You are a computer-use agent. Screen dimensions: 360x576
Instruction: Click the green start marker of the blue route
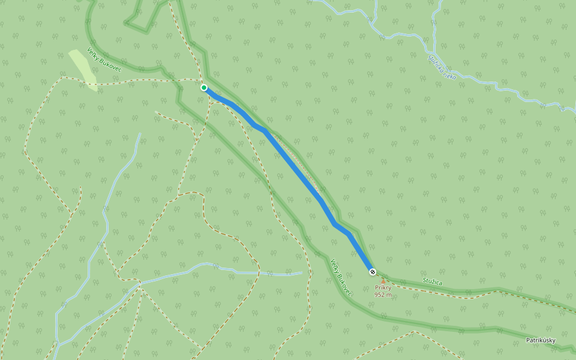(x=204, y=88)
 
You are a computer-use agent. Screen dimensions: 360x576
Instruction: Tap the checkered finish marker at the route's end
(x=373, y=272)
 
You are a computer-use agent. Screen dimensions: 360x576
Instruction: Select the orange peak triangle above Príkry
(x=383, y=281)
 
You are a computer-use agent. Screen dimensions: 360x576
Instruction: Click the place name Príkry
(x=383, y=288)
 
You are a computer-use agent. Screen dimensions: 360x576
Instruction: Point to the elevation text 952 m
(x=383, y=295)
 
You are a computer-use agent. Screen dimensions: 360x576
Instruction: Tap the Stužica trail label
(x=432, y=281)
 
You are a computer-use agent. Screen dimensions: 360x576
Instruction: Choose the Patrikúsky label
(x=541, y=341)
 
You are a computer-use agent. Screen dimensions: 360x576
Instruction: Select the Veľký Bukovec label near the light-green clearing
(x=104, y=61)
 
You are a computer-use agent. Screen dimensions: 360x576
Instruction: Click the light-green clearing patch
(x=83, y=70)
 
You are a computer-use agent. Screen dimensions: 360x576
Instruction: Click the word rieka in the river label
(x=450, y=74)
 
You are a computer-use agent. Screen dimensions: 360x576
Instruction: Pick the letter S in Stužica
(x=424, y=280)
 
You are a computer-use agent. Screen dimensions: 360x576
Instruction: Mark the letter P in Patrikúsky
(x=528, y=341)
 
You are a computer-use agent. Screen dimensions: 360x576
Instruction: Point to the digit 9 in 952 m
(x=376, y=295)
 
